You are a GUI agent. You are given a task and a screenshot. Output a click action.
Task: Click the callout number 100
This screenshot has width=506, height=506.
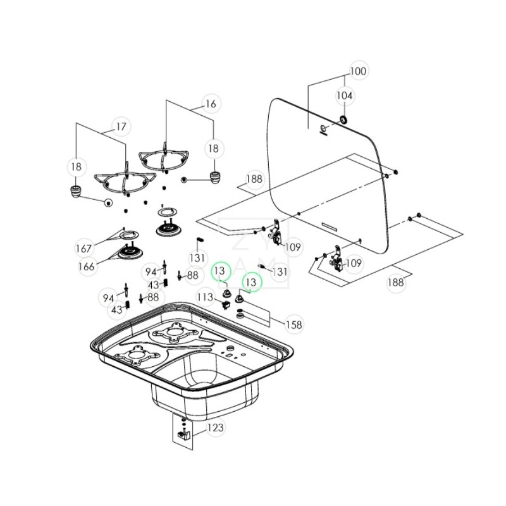pos(358,71)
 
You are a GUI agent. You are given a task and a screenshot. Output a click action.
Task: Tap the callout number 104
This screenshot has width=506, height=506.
pos(345,96)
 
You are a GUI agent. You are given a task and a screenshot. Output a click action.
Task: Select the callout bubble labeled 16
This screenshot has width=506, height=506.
pos(211,104)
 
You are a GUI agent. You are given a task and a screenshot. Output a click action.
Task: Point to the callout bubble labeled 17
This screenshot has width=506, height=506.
pos(121,127)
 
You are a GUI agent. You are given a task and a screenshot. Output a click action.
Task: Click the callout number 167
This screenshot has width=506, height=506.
pos(84,247)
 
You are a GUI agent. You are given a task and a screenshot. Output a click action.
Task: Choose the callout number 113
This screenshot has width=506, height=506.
pos(205,297)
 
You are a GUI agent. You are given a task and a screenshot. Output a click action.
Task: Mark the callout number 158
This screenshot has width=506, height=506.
pos(293,324)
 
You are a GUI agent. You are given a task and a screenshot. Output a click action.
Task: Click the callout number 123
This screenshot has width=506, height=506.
pos(215,428)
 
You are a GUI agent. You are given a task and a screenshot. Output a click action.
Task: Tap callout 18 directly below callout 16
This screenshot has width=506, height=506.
pos(213,149)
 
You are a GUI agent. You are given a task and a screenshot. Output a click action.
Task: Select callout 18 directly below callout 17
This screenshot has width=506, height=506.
pos(76,167)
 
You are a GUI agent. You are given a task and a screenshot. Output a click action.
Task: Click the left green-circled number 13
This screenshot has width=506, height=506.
pos(220,271)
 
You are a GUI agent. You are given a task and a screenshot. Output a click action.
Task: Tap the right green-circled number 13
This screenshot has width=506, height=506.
pos(252,281)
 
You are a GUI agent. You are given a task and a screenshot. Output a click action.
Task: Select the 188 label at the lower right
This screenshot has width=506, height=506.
pos(396,282)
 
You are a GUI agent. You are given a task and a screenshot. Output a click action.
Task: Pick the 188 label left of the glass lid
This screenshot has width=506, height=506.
pos(254,180)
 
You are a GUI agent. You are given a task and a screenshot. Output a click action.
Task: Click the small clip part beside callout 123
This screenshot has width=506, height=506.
pos(185,434)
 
